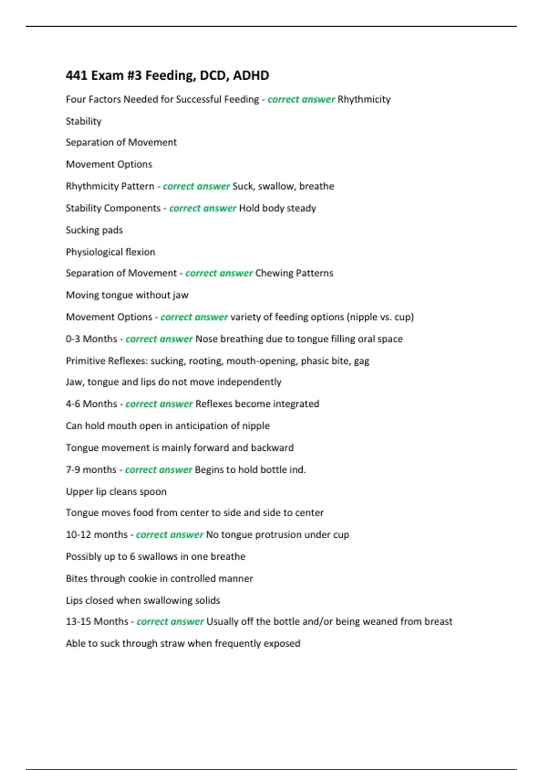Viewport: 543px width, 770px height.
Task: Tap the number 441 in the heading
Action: click(76, 75)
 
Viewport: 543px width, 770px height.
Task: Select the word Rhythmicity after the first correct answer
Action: click(364, 99)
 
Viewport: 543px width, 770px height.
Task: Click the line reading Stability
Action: click(84, 121)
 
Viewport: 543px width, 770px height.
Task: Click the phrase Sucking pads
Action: click(94, 230)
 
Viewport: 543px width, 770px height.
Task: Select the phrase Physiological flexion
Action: click(110, 252)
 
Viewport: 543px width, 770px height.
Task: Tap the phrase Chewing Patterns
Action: click(294, 273)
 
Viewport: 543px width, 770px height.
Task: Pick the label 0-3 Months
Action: click(91, 339)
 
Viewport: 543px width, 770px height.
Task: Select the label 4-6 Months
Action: click(91, 404)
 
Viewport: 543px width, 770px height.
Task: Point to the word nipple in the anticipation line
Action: click(256, 426)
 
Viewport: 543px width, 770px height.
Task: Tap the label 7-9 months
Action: click(91, 470)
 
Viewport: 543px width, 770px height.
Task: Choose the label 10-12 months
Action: click(97, 534)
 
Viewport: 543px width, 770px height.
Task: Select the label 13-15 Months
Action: click(97, 621)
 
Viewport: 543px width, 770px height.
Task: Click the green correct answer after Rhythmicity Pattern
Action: click(196, 186)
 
